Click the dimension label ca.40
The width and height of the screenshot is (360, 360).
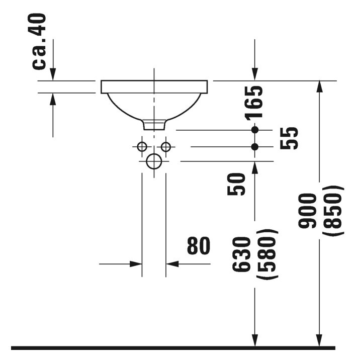pyautogui.click(x=40, y=41)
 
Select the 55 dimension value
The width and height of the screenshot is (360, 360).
pyautogui.click(x=289, y=138)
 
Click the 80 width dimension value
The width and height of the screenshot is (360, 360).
pyautogui.click(x=199, y=246)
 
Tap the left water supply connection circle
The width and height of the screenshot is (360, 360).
pyautogui.click(x=142, y=147)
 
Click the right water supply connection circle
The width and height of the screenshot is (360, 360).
pyautogui.click(x=166, y=147)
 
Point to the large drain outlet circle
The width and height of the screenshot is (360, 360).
pyautogui.click(x=154, y=161)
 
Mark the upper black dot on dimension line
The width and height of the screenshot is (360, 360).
pyautogui.click(x=255, y=130)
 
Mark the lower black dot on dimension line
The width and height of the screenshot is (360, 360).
pyautogui.click(x=255, y=147)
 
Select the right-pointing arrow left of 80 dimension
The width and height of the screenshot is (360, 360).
pyautogui.click(x=135, y=263)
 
